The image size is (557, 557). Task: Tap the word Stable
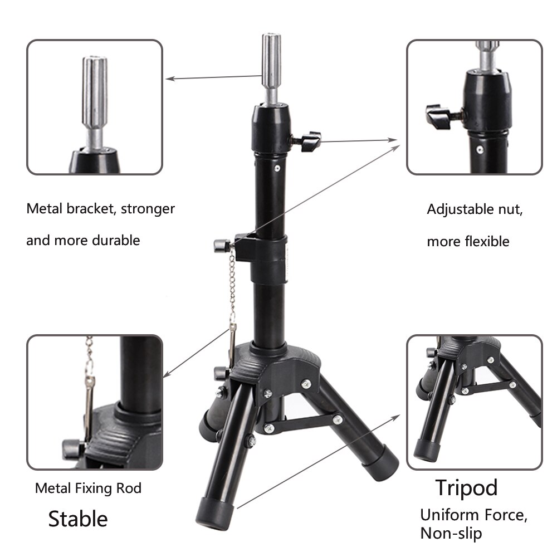(x=78, y=519)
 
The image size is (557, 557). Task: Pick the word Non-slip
(x=451, y=533)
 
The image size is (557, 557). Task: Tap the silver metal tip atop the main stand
(x=271, y=67)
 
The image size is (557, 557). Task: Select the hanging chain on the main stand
(x=232, y=288)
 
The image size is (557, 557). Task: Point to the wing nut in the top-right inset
(x=440, y=117)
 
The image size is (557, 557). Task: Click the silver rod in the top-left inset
(x=95, y=103)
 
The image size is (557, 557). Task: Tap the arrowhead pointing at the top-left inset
(x=170, y=79)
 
